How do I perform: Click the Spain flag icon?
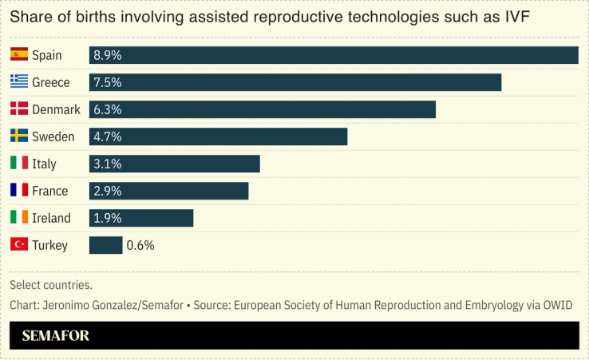(x=19, y=55)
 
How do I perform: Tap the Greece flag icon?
(x=19, y=82)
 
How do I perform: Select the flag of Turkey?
(x=19, y=245)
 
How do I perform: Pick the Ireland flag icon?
(x=19, y=218)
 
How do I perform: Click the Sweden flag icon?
(x=19, y=136)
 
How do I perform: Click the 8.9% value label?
(x=108, y=55)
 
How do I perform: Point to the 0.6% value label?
(x=140, y=245)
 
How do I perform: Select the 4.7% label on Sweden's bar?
(x=108, y=136)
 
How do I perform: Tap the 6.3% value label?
(x=108, y=109)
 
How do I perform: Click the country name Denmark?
(x=56, y=109)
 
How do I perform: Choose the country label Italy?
(x=44, y=164)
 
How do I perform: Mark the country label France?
(x=49, y=191)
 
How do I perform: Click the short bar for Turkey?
(x=105, y=245)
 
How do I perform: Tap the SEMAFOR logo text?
(x=49, y=336)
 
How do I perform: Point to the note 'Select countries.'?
(x=51, y=285)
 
